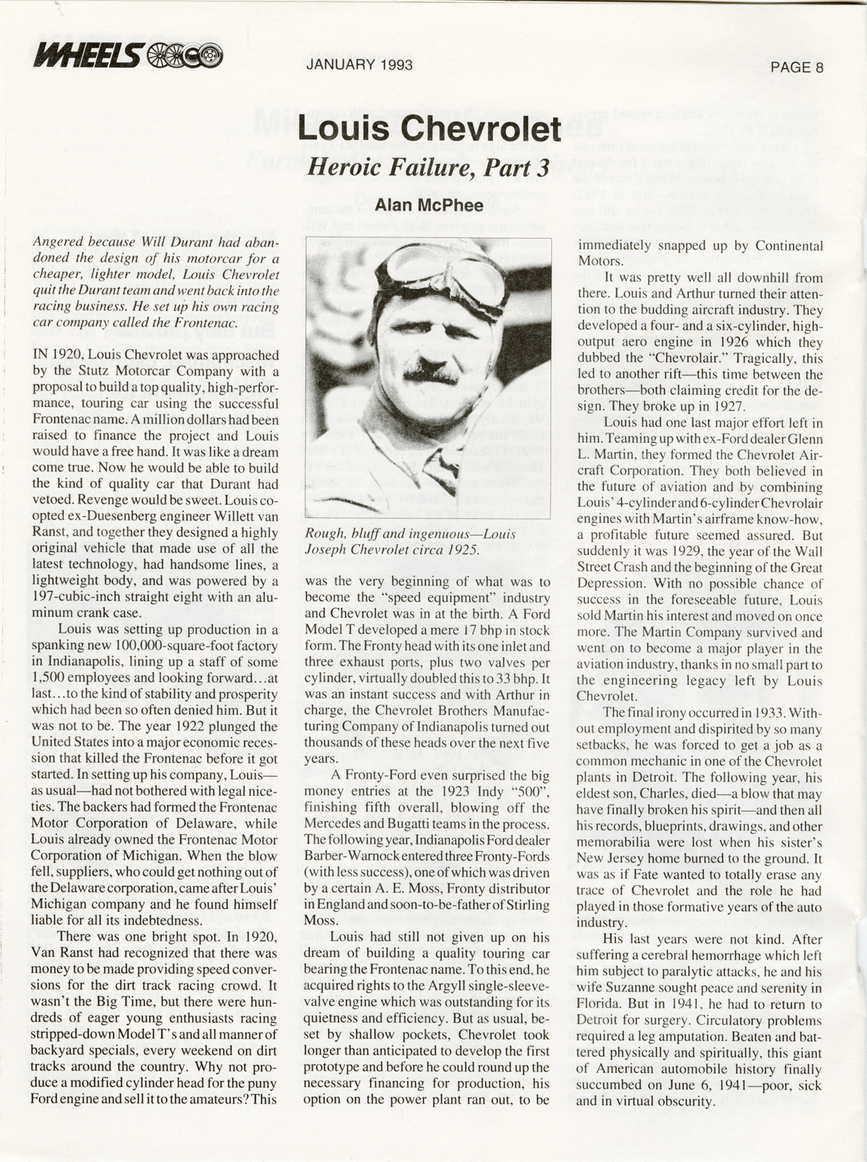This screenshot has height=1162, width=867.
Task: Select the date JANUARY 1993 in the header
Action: [x=359, y=65]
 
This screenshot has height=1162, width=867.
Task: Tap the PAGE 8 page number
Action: [x=797, y=67]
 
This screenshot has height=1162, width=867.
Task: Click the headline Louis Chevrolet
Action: [x=429, y=129]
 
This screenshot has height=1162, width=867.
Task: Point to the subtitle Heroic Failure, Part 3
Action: [x=428, y=168]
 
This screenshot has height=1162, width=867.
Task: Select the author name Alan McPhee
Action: [x=428, y=205]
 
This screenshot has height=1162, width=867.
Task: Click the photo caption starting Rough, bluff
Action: [x=410, y=541]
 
